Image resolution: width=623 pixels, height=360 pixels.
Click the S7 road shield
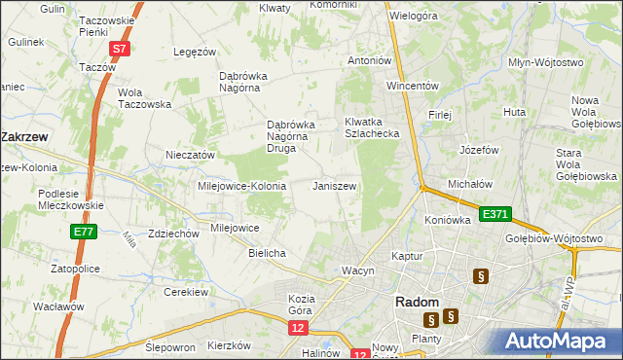(x=119, y=48)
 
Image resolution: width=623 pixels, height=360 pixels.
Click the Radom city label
(x=421, y=303)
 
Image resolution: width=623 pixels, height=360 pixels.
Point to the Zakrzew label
(x=26, y=138)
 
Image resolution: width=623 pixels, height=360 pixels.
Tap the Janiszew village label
(x=334, y=185)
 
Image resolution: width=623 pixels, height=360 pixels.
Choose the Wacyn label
(x=357, y=270)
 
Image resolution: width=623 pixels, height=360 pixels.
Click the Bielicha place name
(x=267, y=253)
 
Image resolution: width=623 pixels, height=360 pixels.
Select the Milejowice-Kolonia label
(x=241, y=186)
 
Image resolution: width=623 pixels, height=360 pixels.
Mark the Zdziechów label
(x=147, y=234)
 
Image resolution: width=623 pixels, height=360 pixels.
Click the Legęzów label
(x=193, y=52)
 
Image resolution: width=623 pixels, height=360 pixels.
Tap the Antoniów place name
(x=370, y=60)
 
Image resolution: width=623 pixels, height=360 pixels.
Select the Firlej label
(x=440, y=115)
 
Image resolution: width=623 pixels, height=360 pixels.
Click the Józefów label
(x=479, y=151)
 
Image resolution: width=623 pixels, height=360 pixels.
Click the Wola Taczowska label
(x=144, y=98)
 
